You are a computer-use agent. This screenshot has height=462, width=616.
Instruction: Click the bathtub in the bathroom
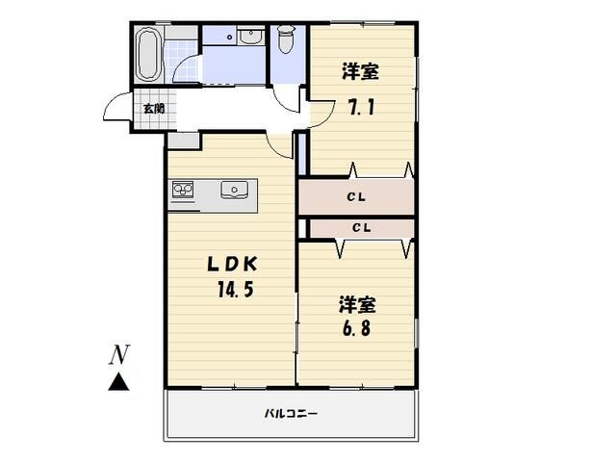tap(148, 54)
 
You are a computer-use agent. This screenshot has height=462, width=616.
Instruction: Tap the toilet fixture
tap(287, 38)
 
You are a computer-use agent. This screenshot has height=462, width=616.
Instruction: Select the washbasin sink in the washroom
tap(251, 37)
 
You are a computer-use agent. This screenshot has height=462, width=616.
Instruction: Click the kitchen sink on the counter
tap(234, 190)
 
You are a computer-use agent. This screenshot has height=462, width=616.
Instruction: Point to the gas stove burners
tap(183, 190)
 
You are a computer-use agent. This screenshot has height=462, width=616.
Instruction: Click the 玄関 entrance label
tap(154, 109)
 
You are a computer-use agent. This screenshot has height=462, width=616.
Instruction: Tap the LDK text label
tap(233, 265)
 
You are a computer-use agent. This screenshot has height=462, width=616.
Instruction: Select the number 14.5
tap(235, 290)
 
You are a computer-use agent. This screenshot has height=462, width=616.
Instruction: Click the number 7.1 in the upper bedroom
tap(362, 106)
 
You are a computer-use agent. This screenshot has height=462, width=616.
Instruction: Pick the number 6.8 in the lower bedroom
tap(356, 328)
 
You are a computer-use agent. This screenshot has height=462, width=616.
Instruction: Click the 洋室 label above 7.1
tap(360, 71)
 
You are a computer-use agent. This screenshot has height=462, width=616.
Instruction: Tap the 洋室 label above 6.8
tap(357, 304)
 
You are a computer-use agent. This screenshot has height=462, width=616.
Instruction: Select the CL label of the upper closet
tap(356, 196)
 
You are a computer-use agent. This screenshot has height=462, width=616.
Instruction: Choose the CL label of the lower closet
tap(362, 227)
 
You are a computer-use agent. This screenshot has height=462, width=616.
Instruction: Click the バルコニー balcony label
tap(291, 413)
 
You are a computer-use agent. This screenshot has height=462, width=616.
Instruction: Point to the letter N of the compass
tap(119, 354)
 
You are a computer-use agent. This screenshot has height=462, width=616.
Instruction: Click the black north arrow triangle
tap(118, 382)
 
